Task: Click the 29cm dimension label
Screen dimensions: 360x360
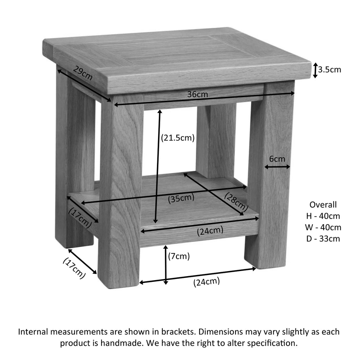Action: tap(83, 73)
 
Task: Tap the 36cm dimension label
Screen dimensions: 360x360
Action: tap(197, 94)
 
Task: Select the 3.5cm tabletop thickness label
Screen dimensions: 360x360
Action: tap(329, 69)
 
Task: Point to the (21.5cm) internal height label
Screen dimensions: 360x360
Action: tap(178, 138)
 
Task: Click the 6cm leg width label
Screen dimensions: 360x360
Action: tap(277, 159)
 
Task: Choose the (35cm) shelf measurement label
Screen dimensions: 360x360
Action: tap(181, 198)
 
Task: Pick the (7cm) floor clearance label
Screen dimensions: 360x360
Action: tap(179, 256)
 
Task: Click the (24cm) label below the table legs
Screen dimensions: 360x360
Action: tap(206, 282)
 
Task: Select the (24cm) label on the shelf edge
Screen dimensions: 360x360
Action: tap(210, 231)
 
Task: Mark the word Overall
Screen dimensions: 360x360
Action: tap(323, 204)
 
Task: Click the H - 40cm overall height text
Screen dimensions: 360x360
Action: tap(323, 216)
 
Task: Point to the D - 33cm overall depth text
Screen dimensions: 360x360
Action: tap(323, 239)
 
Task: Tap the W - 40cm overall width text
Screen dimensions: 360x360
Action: tap(323, 227)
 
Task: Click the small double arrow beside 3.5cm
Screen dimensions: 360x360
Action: tap(315, 70)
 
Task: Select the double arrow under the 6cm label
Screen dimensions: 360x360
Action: tap(277, 167)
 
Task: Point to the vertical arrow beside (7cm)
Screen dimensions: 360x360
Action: tap(166, 265)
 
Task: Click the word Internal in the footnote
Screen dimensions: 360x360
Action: tap(33, 332)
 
